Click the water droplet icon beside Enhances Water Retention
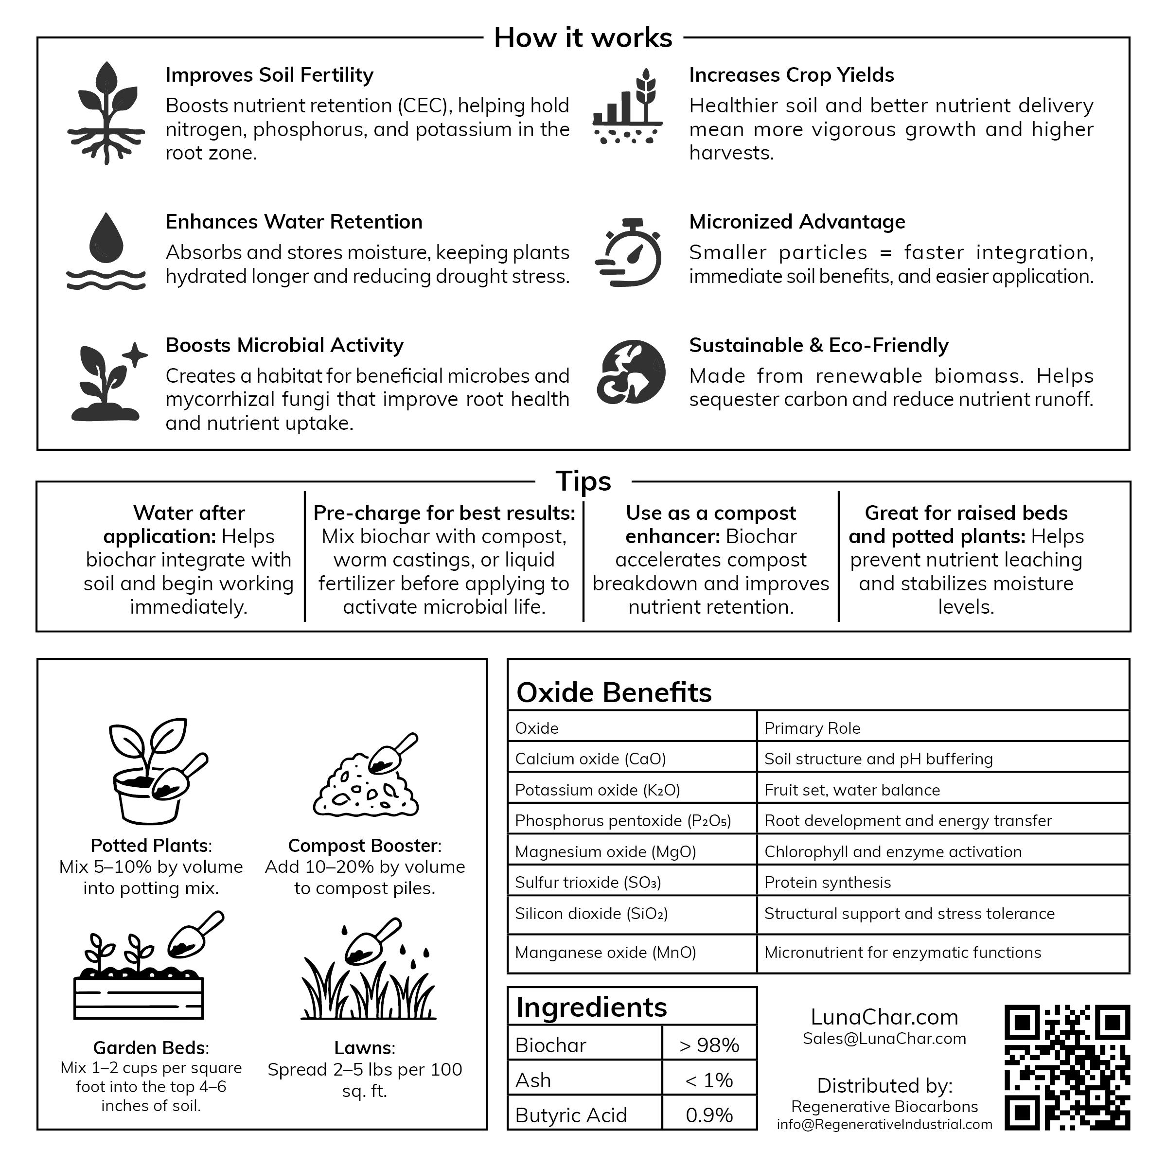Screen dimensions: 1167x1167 pyautogui.click(x=106, y=251)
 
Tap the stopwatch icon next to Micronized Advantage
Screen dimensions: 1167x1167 pyautogui.click(x=629, y=252)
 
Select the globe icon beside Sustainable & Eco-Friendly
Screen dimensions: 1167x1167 pyautogui.click(x=631, y=371)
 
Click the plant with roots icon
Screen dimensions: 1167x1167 pyautogui.click(x=106, y=112)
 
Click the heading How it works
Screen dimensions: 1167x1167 pyautogui.click(x=583, y=37)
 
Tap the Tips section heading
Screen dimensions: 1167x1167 pyautogui.click(x=583, y=481)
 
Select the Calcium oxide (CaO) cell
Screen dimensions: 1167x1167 pyautogui.click(x=590, y=759)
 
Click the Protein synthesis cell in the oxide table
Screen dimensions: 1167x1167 pyautogui.click(x=827, y=883)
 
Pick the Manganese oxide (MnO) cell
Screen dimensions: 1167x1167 pyautogui.click(x=605, y=953)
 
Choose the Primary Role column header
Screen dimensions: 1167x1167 pyautogui.click(x=812, y=728)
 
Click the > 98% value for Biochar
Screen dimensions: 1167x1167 pyautogui.click(x=709, y=1045)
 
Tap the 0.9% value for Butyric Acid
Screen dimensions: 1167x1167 pyautogui.click(x=709, y=1115)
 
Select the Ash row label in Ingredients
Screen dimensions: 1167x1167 pyautogui.click(x=533, y=1080)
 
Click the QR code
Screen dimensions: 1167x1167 pyautogui.click(x=1067, y=1067)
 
